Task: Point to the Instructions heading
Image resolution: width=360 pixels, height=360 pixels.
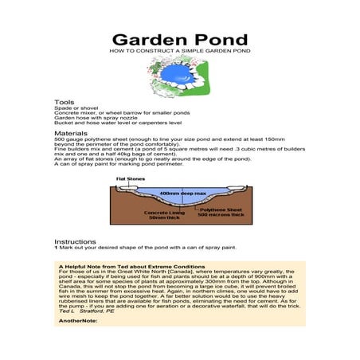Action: pos(75,241)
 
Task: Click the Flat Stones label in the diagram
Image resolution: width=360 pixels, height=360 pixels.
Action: pos(129,180)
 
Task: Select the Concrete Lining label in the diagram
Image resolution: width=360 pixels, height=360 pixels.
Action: pos(166,213)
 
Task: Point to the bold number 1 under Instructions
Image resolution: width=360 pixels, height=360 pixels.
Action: pos(56,247)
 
